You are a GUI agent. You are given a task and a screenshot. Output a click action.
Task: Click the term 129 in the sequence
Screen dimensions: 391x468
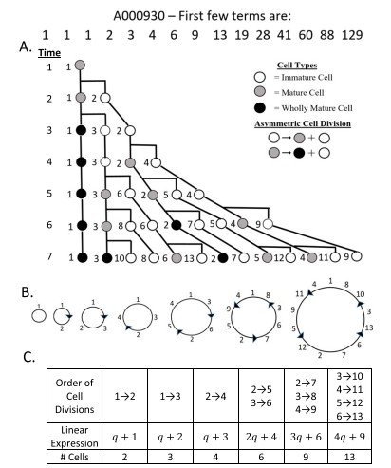pos(352,35)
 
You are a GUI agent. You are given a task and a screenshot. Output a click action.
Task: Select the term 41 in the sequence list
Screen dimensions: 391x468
pos(284,35)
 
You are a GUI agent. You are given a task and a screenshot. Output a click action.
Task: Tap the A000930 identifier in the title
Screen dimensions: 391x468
pos(139,15)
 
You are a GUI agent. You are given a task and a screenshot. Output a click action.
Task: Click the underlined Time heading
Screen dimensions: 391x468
pos(49,53)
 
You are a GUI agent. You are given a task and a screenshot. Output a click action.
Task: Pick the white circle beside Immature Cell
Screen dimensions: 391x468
pos(260,77)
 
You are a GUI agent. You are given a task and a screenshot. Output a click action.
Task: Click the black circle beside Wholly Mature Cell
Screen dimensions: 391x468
pos(260,108)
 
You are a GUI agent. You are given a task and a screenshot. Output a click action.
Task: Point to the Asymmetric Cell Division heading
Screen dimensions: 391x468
pos(303,123)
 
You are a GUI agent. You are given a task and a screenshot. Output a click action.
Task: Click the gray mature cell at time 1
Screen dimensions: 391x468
pos(80,66)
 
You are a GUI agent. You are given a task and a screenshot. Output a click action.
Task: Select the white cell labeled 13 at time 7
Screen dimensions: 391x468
pos(202,258)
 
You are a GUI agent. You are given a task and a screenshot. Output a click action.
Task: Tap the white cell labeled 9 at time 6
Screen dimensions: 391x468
pos(268,224)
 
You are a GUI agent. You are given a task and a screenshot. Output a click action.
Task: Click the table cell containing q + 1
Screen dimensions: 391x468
pos(124,437)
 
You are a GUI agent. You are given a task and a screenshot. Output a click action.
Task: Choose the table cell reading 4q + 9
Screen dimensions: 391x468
pos(349,437)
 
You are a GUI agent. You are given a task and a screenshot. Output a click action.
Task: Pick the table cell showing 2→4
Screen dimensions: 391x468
pos(215,396)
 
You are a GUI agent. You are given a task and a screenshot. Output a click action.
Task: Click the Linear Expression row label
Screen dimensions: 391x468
pos(74,437)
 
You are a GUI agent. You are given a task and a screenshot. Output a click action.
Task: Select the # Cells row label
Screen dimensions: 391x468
pos(74,457)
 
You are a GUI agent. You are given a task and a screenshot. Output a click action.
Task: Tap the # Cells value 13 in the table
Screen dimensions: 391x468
pos(349,457)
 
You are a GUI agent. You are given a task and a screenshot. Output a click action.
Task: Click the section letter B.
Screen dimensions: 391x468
pos(28,292)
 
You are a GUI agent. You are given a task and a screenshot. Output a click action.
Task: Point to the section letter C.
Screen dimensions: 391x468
pos(28,357)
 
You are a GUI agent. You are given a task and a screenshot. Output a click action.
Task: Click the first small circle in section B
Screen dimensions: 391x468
pos(39,315)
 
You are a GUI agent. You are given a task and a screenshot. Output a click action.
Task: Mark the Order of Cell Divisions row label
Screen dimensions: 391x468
pos(74,396)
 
